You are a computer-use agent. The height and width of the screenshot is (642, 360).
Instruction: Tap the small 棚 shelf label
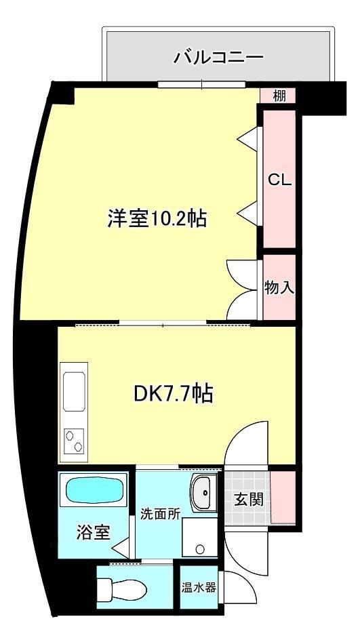pyautogui.click(x=279, y=96)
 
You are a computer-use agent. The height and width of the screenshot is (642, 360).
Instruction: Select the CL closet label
pyautogui.click(x=279, y=180)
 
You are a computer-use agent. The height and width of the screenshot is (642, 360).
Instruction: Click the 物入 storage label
pyautogui.click(x=279, y=287)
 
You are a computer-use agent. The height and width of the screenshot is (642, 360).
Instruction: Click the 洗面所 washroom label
pyautogui.click(x=160, y=513)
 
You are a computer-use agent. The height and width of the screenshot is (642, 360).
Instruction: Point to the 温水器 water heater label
pyautogui.click(x=199, y=587)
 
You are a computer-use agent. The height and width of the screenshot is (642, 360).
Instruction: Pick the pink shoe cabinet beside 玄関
pyautogui.click(x=283, y=497)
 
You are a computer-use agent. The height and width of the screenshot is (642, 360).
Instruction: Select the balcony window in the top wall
pyautogui.click(x=201, y=85)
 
